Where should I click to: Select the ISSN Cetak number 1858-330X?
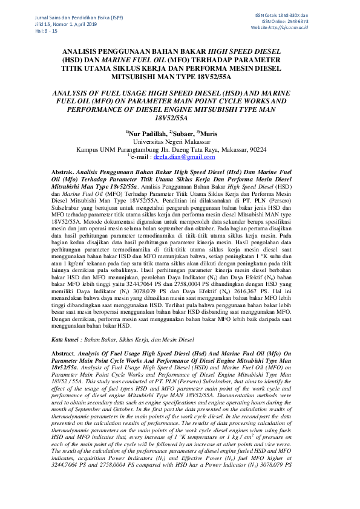[306, 15]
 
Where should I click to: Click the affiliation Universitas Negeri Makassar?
[180, 141]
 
